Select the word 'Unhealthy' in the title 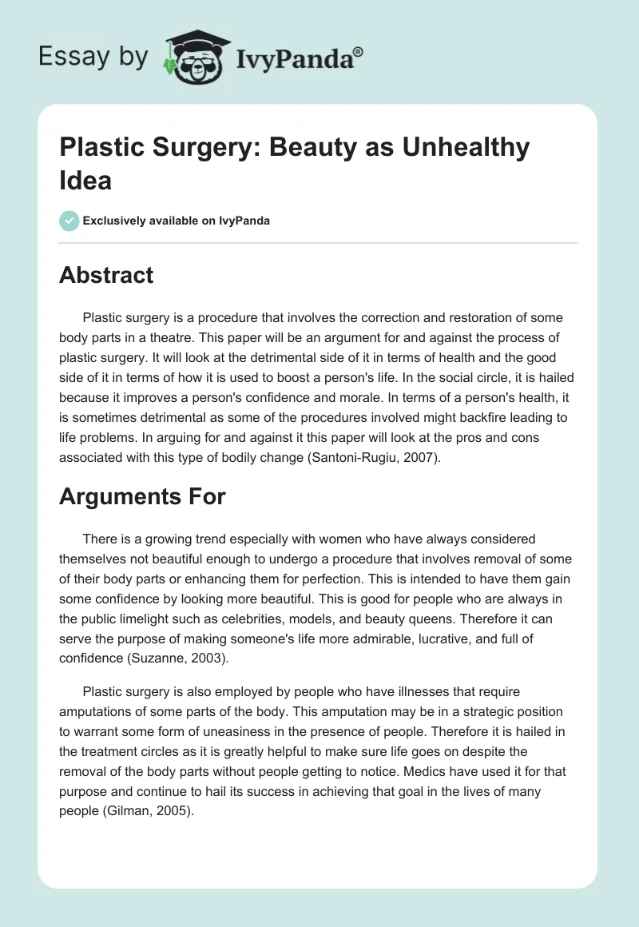[466, 149]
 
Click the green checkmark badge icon [69, 221]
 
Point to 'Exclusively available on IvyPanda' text [177, 221]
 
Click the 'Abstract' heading [106, 275]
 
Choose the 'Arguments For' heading [142, 496]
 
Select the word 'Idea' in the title [85, 181]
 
